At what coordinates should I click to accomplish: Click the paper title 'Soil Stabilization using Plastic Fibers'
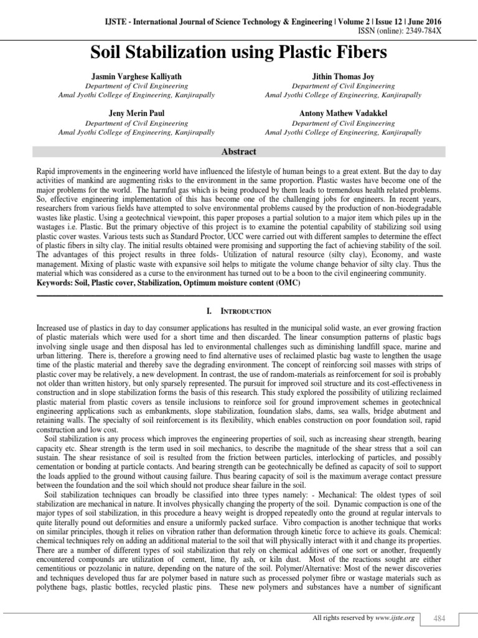point(239,51)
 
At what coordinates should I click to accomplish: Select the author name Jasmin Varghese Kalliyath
point(136,76)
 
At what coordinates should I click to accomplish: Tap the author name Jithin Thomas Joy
point(343,76)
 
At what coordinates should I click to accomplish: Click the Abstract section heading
point(239,151)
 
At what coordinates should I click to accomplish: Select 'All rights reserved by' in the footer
point(340,617)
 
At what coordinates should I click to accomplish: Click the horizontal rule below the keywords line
point(239,293)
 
